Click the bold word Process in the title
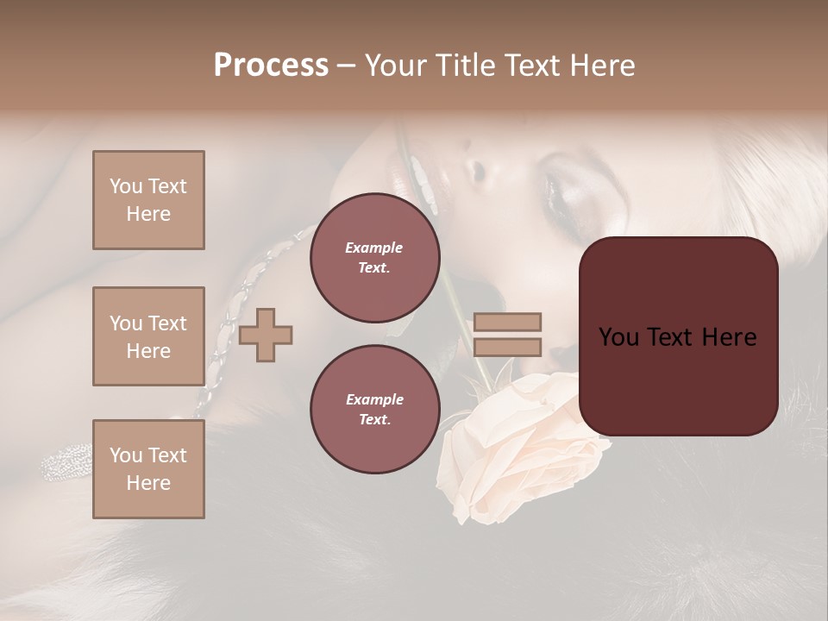point(271,66)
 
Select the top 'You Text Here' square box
point(148,200)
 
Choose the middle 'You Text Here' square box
point(148,336)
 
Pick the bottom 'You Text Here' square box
point(148,469)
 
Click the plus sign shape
point(266,335)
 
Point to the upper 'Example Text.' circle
point(374,258)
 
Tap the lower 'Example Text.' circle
point(374,409)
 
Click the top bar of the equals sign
point(507,322)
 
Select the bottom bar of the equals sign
point(507,347)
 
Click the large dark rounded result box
point(677,336)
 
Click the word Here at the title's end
point(605,66)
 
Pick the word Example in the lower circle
point(374,399)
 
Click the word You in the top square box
point(126,186)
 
